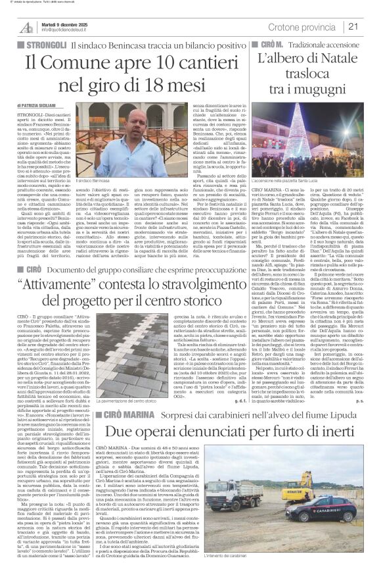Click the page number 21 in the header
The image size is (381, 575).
370,26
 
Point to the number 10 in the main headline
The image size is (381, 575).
151,64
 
